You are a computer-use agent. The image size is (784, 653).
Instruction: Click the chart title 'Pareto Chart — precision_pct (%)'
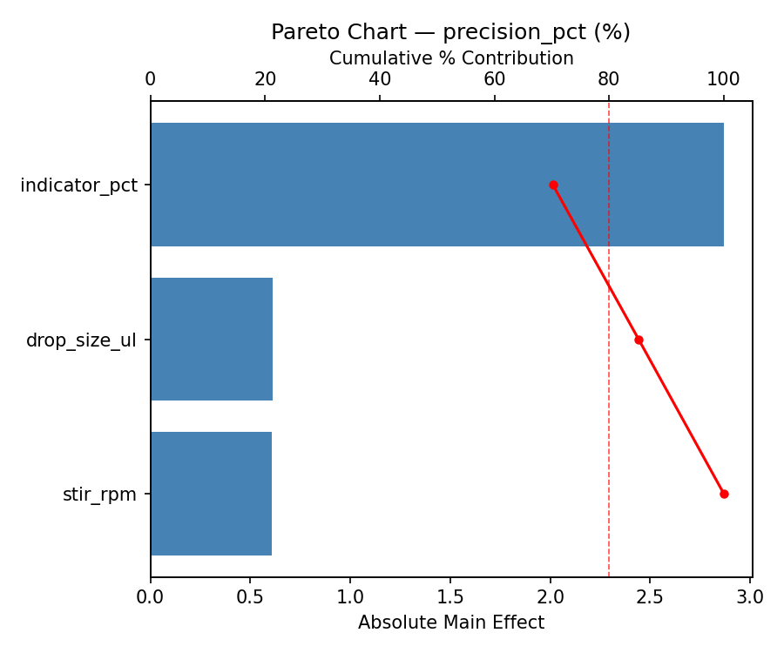(450, 32)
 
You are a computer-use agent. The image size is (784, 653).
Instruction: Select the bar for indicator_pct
(436, 185)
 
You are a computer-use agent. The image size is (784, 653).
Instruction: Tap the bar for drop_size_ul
(212, 340)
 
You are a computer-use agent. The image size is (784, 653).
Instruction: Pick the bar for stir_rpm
(211, 494)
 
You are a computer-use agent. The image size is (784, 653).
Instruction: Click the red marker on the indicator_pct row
(553, 185)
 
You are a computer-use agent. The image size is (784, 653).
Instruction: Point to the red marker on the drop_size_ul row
(639, 340)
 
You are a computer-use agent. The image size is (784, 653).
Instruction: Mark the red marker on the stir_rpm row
(724, 494)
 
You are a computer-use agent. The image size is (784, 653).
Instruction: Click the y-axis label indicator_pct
(79, 185)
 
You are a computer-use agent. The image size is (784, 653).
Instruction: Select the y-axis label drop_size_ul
(81, 340)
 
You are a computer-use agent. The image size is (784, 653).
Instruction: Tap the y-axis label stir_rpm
(99, 495)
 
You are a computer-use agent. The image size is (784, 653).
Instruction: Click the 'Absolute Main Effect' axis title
(450, 623)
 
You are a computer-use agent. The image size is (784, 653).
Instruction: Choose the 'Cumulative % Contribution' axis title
(450, 58)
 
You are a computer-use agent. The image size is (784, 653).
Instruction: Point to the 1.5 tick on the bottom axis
(450, 597)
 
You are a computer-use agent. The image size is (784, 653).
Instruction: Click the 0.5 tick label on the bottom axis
(250, 597)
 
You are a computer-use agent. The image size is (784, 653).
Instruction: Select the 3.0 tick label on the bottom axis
(750, 597)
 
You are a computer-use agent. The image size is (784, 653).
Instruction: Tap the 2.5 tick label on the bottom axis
(650, 597)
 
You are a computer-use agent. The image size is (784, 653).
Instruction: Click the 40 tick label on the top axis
(380, 79)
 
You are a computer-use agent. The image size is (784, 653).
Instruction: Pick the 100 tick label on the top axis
(723, 79)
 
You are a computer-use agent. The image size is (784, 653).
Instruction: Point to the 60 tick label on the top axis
(494, 79)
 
